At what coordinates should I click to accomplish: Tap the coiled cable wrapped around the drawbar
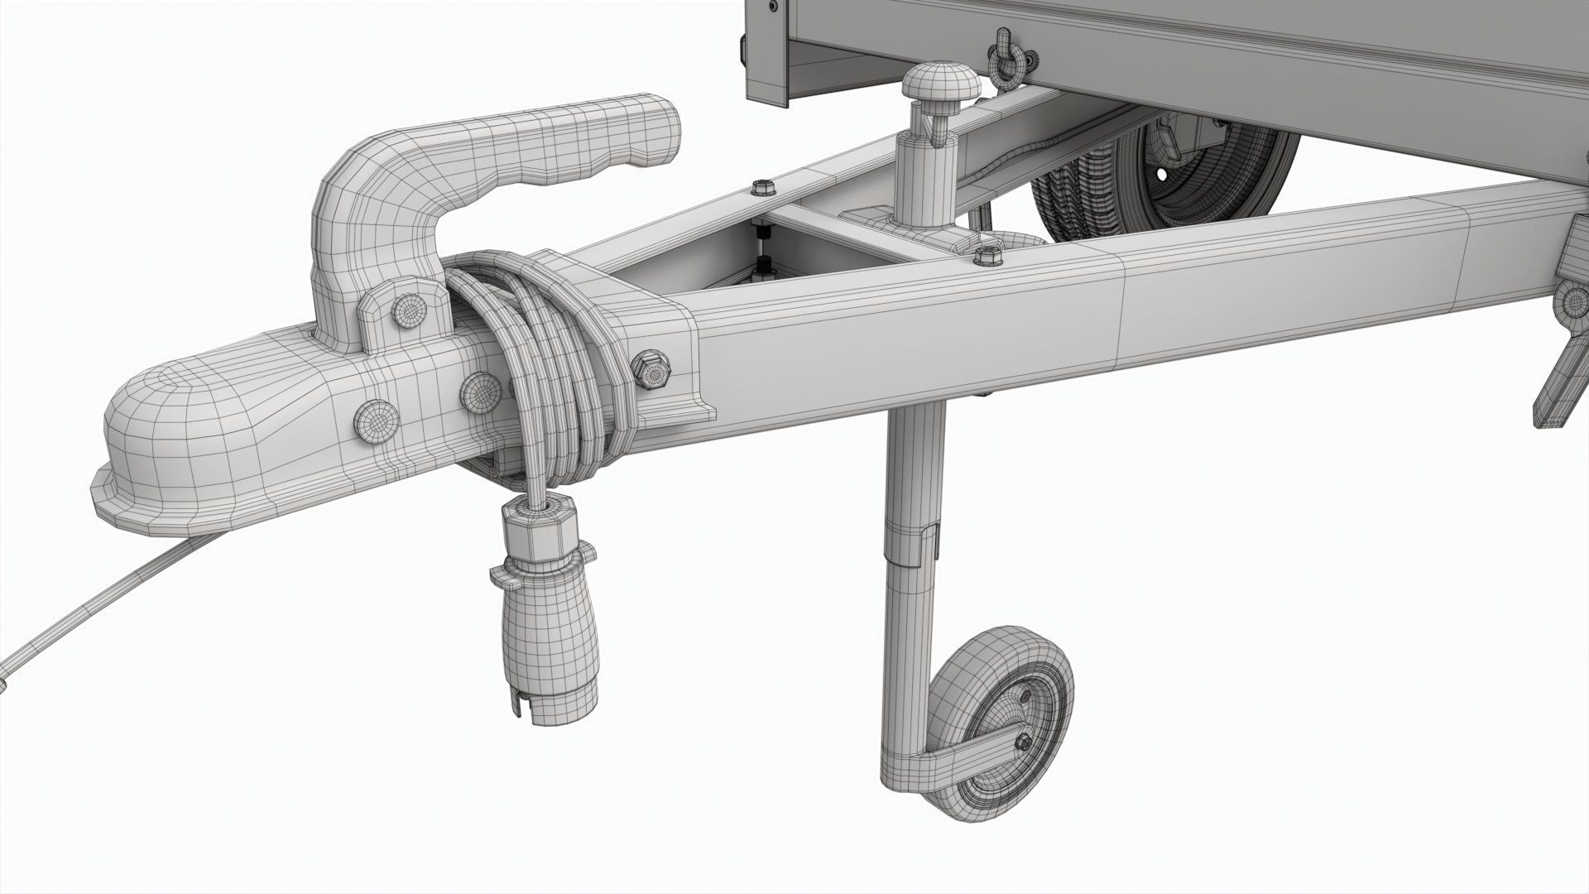(538, 364)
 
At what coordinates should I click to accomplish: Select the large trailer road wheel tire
(1076, 199)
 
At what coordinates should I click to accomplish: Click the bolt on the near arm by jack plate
(987, 256)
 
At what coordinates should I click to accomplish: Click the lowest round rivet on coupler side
(376, 422)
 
